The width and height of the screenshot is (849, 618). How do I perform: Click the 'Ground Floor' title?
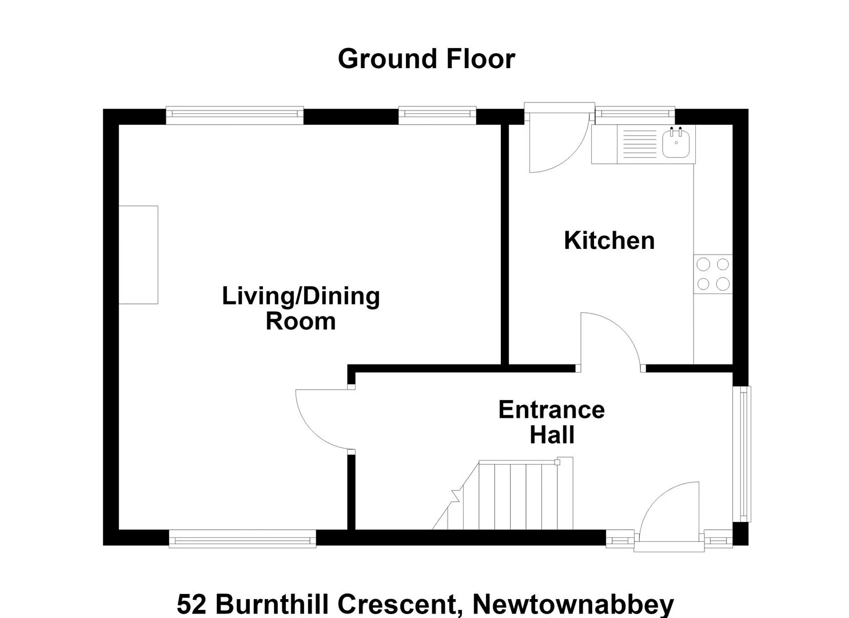tap(427, 59)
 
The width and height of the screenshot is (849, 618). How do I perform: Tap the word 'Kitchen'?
tap(609, 240)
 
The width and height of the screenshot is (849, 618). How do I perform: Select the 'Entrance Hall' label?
tap(552, 422)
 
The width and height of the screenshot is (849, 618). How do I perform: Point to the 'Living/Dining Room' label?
tap(301, 308)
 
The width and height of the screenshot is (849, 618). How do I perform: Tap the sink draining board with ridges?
tap(640, 144)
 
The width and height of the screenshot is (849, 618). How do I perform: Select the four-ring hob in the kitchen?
tap(713, 274)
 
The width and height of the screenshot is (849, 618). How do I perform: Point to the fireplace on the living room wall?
tap(138, 255)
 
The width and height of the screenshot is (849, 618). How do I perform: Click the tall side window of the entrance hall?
tap(742, 454)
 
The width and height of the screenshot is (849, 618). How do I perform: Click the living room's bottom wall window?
tap(242, 538)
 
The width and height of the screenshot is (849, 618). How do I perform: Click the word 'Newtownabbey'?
tap(573, 604)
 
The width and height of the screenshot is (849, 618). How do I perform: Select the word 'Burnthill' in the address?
tap(272, 604)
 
